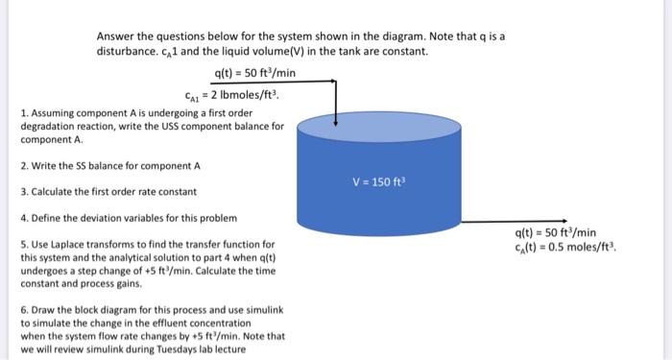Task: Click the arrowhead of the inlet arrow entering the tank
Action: point(336,122)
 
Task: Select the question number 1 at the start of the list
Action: point(22,114)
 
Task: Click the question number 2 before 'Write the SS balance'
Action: point(22,166)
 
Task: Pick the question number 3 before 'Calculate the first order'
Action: point(22,192)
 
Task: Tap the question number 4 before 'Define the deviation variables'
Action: point(22,219)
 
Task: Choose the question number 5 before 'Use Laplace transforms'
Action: point(22,245)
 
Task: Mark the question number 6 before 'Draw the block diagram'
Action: point(22,313)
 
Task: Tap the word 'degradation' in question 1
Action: point(45,127)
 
